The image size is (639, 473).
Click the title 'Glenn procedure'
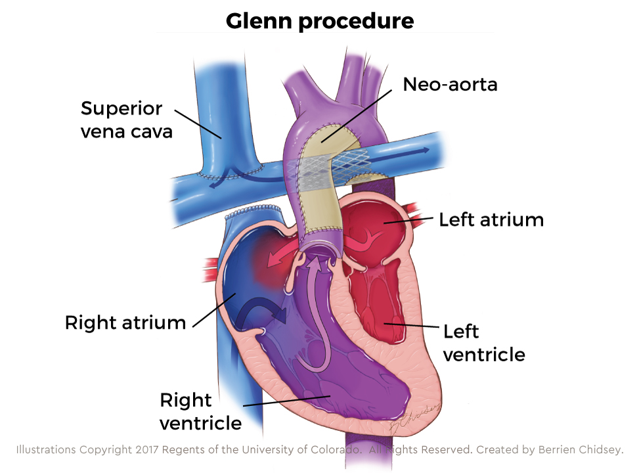[320, 20]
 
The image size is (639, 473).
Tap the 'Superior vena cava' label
[126, 119]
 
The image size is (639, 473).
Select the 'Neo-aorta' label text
[450, 85]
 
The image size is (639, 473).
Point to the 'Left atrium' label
[491, 219]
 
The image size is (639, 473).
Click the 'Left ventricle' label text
[484, 342]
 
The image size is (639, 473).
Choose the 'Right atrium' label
[125, 323]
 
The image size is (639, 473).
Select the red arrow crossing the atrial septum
[276, 259]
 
